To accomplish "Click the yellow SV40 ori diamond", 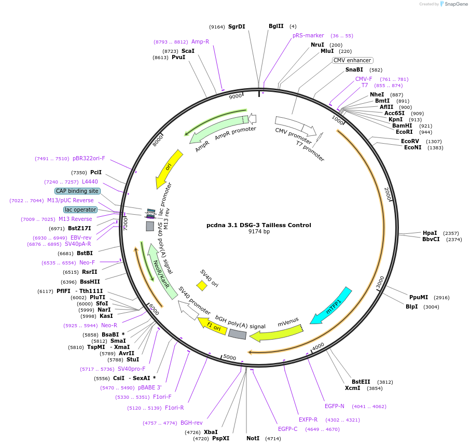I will (202, 286).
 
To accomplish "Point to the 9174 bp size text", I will (259, 232).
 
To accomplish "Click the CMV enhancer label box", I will (352, 60).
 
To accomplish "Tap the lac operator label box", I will (80, 209).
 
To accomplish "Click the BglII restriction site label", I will (276, 26).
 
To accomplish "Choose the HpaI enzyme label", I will (430, 233).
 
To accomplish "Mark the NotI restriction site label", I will (253, 438).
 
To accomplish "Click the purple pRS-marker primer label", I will (308, 35).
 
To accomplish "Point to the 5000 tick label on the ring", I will (229, 358).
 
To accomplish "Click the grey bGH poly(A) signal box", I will (237, 334).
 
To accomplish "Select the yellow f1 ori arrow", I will (213, 326).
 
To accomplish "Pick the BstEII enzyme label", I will (361, 382).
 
